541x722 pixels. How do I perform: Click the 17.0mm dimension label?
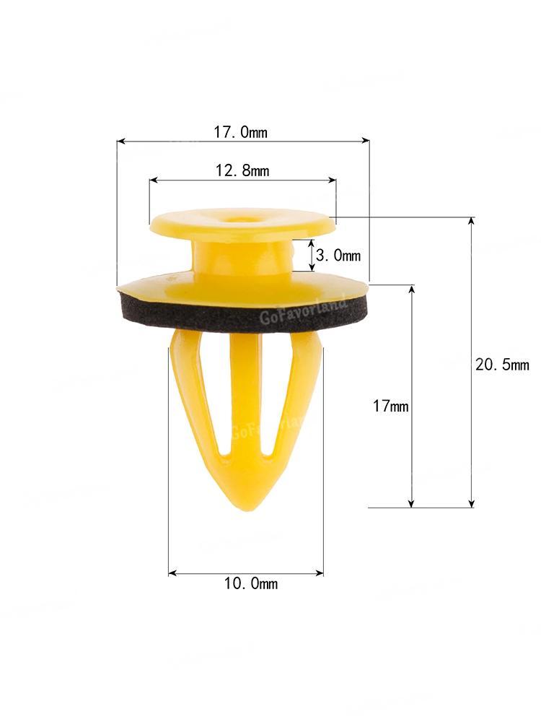240,132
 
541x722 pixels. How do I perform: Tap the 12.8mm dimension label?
242,170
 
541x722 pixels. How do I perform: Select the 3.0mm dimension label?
338,255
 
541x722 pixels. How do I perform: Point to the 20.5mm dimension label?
502,365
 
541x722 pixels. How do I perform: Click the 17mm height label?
390,406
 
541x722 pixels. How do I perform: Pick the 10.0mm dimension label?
251,583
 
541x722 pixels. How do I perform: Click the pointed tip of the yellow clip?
248,510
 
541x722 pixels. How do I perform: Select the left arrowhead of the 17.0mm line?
120,141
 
